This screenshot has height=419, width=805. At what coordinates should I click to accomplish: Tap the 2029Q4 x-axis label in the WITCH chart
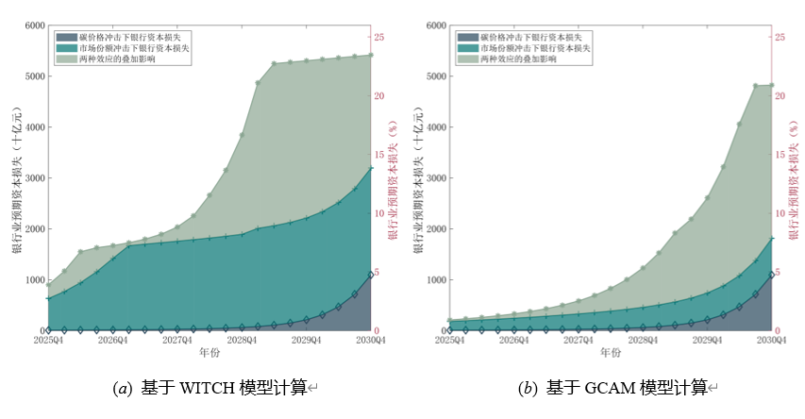tap(306, 340)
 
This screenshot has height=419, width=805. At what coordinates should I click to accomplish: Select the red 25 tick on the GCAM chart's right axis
tap(780, 38)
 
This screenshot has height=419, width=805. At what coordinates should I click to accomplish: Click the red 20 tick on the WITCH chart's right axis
tap(377, 96)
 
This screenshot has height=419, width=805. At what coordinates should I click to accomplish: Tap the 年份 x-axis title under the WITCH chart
tap(209, 353)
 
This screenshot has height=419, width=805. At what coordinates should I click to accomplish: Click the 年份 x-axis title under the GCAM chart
tap(611, 353)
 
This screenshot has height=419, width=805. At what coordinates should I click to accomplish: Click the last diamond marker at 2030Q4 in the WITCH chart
tap(371, 274)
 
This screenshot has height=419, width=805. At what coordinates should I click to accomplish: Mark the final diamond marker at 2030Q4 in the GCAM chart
tap(771, 275)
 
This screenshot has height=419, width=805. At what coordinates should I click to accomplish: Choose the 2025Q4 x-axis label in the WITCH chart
tap(48, 340)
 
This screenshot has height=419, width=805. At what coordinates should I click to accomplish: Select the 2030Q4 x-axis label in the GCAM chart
tap(771, 340)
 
